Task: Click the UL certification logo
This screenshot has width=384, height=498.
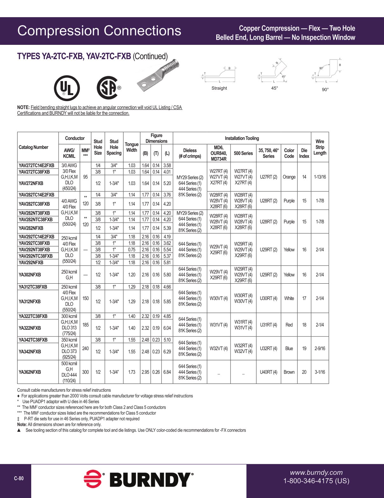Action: [x=67, y=88]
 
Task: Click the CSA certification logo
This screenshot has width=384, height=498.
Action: [x=108, y=88]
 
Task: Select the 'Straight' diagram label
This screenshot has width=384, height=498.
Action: [x=219, y=88]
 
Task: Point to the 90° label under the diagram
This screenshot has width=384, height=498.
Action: [x=325, y=90]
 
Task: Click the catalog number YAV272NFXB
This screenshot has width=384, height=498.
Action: [x=31, y=183]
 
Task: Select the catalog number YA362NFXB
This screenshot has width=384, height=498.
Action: [x=30, y=372]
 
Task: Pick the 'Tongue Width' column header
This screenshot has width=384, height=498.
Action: [x=132, y=147]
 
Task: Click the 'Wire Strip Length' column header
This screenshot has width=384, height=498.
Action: [x=320, y=147]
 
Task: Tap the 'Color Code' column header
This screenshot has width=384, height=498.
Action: [x=289, y=153]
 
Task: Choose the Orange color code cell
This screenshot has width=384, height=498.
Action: [x=289, y=177]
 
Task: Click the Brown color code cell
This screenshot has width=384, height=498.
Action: [x=289, y=372]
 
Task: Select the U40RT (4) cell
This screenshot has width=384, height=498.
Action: [x=268, y=372]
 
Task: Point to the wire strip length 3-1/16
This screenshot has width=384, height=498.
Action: [x=320, y=372]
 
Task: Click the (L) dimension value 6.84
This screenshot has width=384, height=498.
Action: [x=167, y=372]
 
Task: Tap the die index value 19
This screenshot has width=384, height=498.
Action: [x=304, y=349]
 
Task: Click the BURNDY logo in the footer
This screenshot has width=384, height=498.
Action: [x=139, y=480]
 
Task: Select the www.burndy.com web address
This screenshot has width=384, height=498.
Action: [x=316, y=473]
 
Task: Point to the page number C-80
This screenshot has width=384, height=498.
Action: [x=19, y=479]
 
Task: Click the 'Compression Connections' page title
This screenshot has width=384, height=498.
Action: [x=99, y=31]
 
